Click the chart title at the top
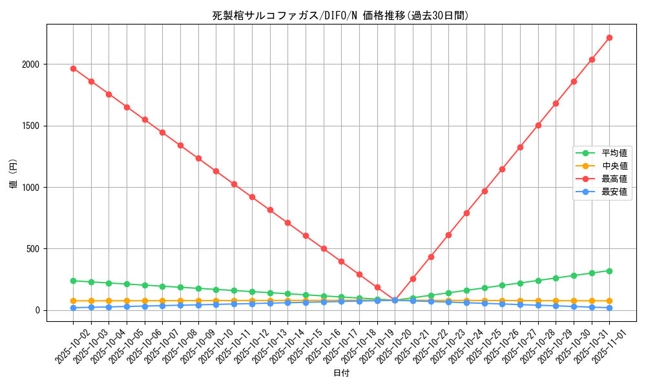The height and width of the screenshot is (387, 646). pos(340,15)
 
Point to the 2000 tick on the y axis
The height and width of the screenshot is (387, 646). pos(32,64)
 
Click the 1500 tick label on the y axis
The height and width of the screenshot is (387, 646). pos(32,126)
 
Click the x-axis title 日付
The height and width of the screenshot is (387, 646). pos(340,373)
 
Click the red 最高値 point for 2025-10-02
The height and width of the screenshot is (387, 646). pos(73,68)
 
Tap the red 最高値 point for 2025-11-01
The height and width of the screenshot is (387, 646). pos(609,37)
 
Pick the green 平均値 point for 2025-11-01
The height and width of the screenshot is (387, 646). pos(609,271)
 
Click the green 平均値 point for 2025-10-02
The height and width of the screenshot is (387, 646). pos(73,281)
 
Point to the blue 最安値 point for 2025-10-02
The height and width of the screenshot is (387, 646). pos(73,308)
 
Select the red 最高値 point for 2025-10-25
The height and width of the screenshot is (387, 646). pos(484,191)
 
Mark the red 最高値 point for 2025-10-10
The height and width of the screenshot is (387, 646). pos(216,171)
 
